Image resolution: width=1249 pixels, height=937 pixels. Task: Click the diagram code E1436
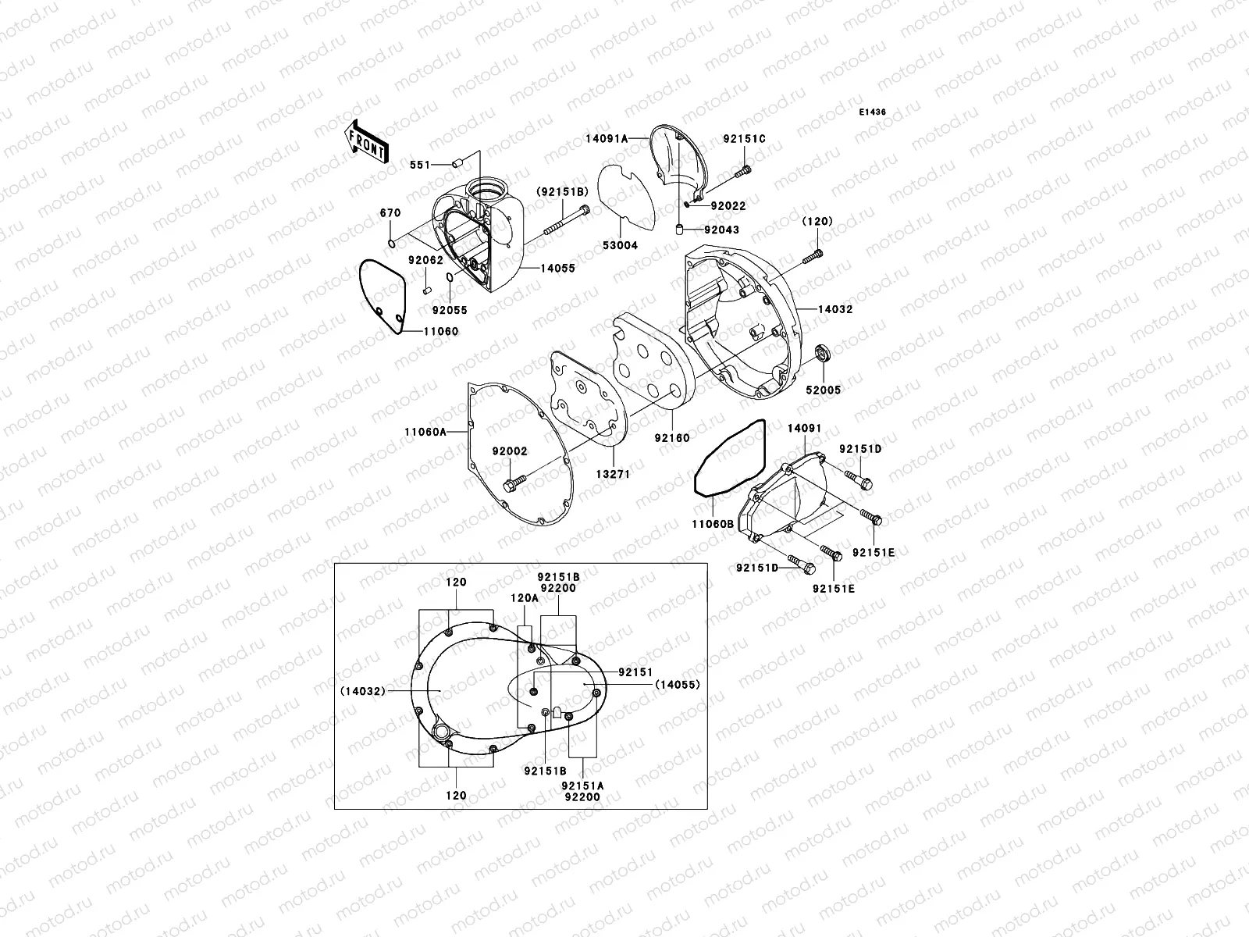coord(873,112)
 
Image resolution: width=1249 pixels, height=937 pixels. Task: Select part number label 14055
coord(558,268)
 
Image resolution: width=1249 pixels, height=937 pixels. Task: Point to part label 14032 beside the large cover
coord(835,309)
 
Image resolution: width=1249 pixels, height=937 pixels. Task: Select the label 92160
coord(672,439)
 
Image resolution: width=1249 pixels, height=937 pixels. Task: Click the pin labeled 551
coord(457,164)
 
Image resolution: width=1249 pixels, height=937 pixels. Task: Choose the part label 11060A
coord(425,432)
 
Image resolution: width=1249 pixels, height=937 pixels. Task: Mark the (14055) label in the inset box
coord(677,684)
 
